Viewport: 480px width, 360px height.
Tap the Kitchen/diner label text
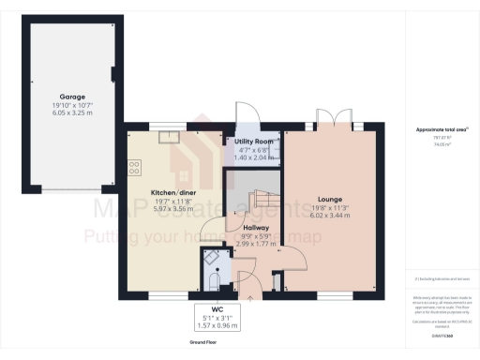click(172, 193)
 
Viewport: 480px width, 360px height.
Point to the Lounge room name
click(329, 199)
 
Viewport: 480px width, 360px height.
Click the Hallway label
click(257, 227)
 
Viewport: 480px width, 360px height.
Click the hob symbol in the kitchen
click(134, 169)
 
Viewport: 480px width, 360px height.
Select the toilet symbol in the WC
click(213, 280)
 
